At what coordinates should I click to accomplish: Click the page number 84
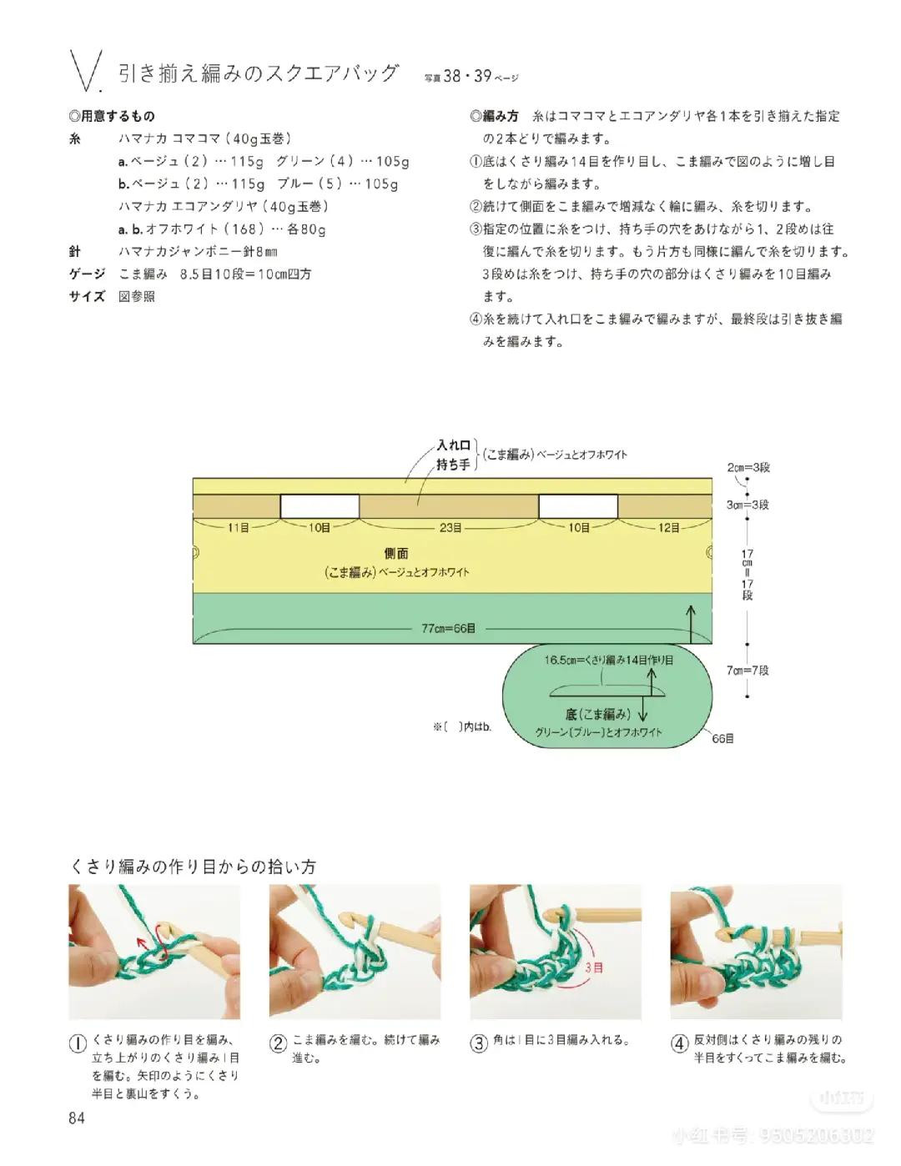[x=77, y=1118]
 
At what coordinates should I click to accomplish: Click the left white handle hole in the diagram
[x=320, y=506]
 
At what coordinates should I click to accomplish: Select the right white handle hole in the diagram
[x=578, y=506]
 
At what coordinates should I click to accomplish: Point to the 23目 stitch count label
[x=450, y=527]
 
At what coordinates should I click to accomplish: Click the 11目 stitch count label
[x=239, y=527]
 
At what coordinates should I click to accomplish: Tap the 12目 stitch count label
[x=669, y=527]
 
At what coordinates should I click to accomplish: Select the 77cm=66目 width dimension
[x=448, y=628]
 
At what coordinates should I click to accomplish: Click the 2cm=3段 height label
[x=748, y=467]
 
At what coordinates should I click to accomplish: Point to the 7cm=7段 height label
[x=748, y=670]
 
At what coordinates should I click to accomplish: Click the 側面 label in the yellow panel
[x=396, y=553]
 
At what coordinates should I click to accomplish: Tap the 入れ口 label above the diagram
[x=454, y=446]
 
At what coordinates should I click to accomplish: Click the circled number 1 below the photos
[x=77, y=1043]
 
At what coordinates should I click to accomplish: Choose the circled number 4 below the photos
[x=679, y=1043]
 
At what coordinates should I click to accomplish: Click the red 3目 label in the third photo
[x=594, y=967]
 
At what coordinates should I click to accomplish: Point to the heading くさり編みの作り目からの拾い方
[x=193, y=867]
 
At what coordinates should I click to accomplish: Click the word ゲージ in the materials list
[x=87, y=274]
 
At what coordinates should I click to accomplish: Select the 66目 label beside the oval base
[x=722, y=738]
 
